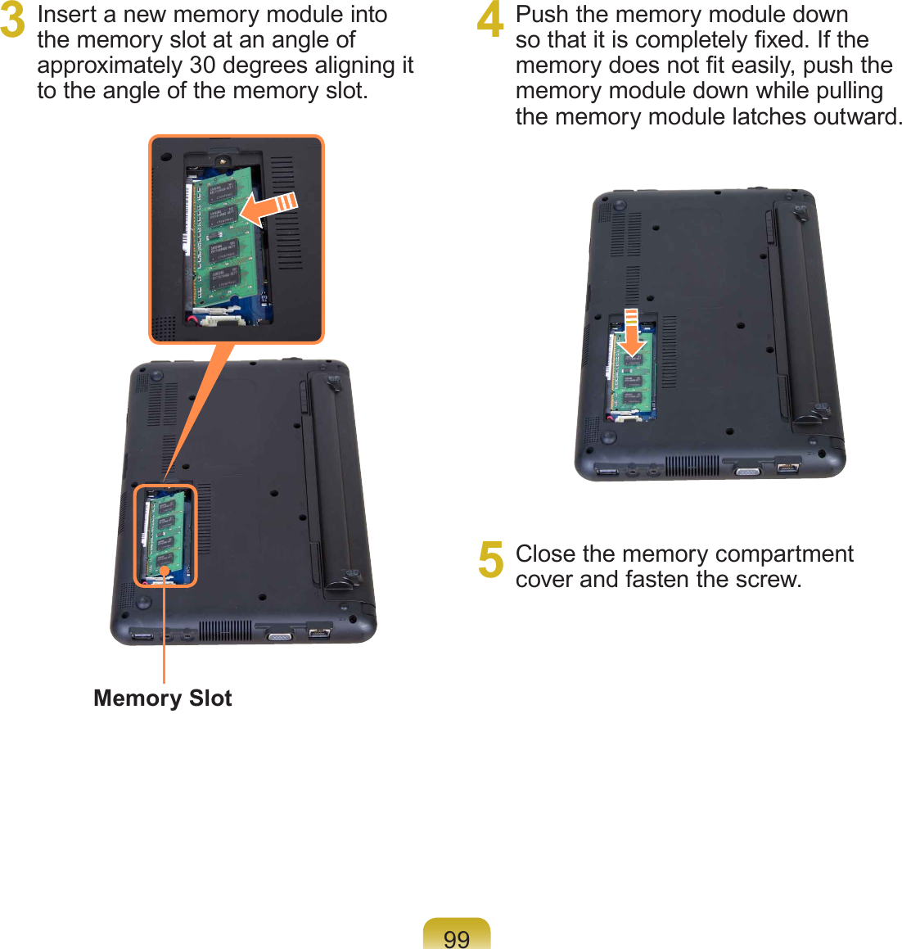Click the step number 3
point(12,23)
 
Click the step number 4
point(490,23)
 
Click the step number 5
point(490,560)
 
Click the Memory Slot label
point(163,698)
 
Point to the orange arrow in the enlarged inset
point(271,209)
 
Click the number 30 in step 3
point(202,66)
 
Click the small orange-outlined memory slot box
point(165,536)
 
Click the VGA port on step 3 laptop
point(279,635)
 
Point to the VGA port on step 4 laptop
point(746,471)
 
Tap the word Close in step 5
point(545,554)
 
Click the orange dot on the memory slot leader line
point(165,572)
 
